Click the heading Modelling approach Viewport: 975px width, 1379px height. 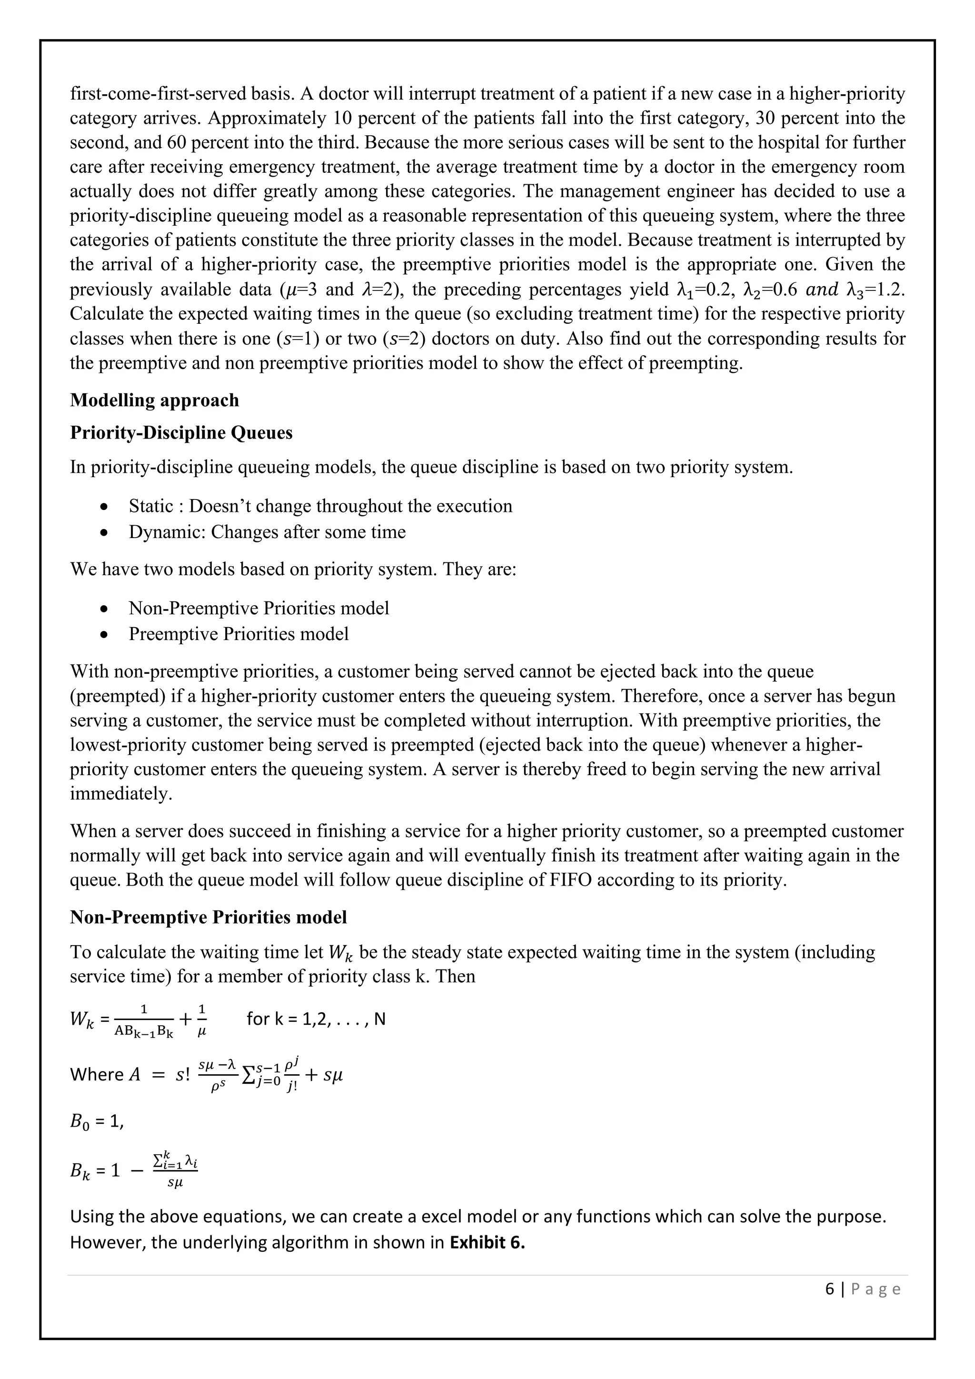[154, 400]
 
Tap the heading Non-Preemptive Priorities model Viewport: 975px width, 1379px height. [209, 917]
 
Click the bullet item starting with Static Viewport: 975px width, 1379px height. [320, 506]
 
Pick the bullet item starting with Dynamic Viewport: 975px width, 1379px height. [267, 532]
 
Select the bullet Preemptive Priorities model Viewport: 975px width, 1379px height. [239, 634]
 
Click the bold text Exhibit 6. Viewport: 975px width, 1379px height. [487, 1242]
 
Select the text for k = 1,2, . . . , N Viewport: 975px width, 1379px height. [316, 1019]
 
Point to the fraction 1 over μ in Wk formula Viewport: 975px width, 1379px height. [202, 1019]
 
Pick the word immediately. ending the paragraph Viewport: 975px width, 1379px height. [120, 794]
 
